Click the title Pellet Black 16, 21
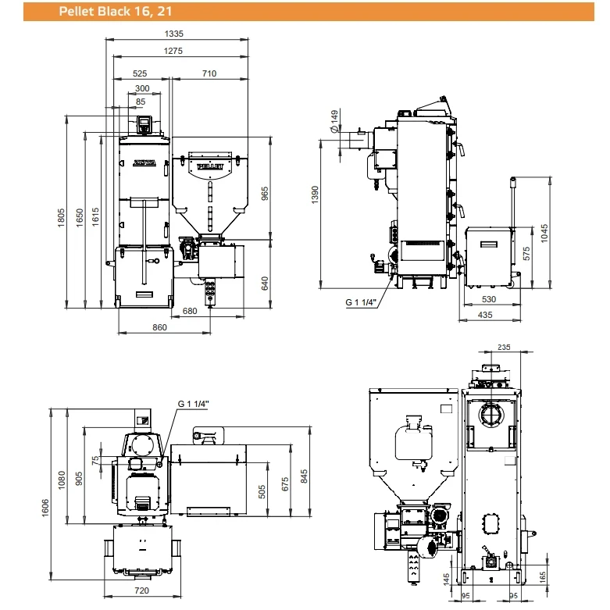[x=116, y=11]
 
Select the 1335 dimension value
[x=174, y=34]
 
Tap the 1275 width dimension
[x=173, y=51]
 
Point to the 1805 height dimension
[x=61, y=218]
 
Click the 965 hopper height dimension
[x=265, y=194]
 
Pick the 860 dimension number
[x=159, y=327]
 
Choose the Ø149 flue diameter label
[x=334, y=121]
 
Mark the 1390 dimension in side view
[x=315, y=194]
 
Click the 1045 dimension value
[x=544, y=234]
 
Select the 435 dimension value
[x=485, y=315]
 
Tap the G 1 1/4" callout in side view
[x=361, y=302]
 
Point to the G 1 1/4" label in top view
[x=194, y=404]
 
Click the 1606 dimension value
[x=45, y=508]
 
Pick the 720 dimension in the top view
[x=141, y=590]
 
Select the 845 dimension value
[x=304, y=476]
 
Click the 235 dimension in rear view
[x=504, y=347]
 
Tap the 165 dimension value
[x=543, y=577]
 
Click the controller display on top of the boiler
[x=144, y=124]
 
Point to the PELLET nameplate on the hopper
[x=210, y=167]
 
